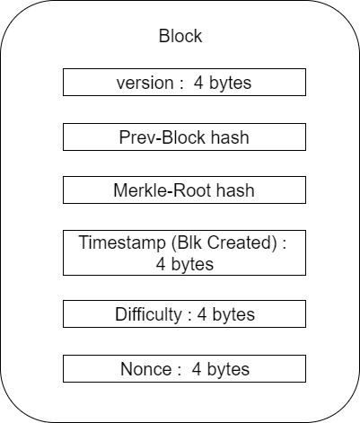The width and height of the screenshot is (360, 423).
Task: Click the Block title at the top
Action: pyautogui.click(x=180, y=36)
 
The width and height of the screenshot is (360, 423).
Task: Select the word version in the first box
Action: pyautogui.click(x=145, y=83)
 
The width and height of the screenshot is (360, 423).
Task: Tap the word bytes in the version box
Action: pyautogui.click(x=230, y=83)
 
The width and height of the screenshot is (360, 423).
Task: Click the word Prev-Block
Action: pyautogui.click(x=162, y=137)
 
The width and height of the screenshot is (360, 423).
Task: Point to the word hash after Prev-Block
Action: pyautogui.click(x=230, y=137)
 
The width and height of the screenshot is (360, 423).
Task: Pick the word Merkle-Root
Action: pyautogui.click(x=162, y=190)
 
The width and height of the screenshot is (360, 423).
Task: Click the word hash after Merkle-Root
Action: pyautogui.click(x=235, y=190)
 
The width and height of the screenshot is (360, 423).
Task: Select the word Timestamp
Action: pyautogui.click(x=122, y=243)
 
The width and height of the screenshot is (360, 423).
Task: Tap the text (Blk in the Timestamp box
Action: pyautogui.click(x=187, y=242)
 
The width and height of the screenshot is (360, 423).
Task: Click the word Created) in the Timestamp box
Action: pyautogui.click(x=242, y=242)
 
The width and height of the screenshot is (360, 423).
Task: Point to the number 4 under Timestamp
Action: pyautogui.click(x=161, y=264)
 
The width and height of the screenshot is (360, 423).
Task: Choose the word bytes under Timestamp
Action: pyautogui.click(x=192, y=265)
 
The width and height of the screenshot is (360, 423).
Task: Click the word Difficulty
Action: pyautogui.click(x=148, y=314)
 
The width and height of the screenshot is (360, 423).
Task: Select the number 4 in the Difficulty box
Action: pyautogui.click(x=202, y=314)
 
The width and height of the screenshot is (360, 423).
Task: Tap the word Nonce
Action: pyautogui.click(x=146, y=369)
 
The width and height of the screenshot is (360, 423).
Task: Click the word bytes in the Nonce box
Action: pyautogui.click(x=228, y=369)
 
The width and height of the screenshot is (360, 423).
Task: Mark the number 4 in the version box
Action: pyautogui.click(x=198, y=83)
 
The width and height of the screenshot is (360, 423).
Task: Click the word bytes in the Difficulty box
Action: pyautogui.click(x=233, y=314)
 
